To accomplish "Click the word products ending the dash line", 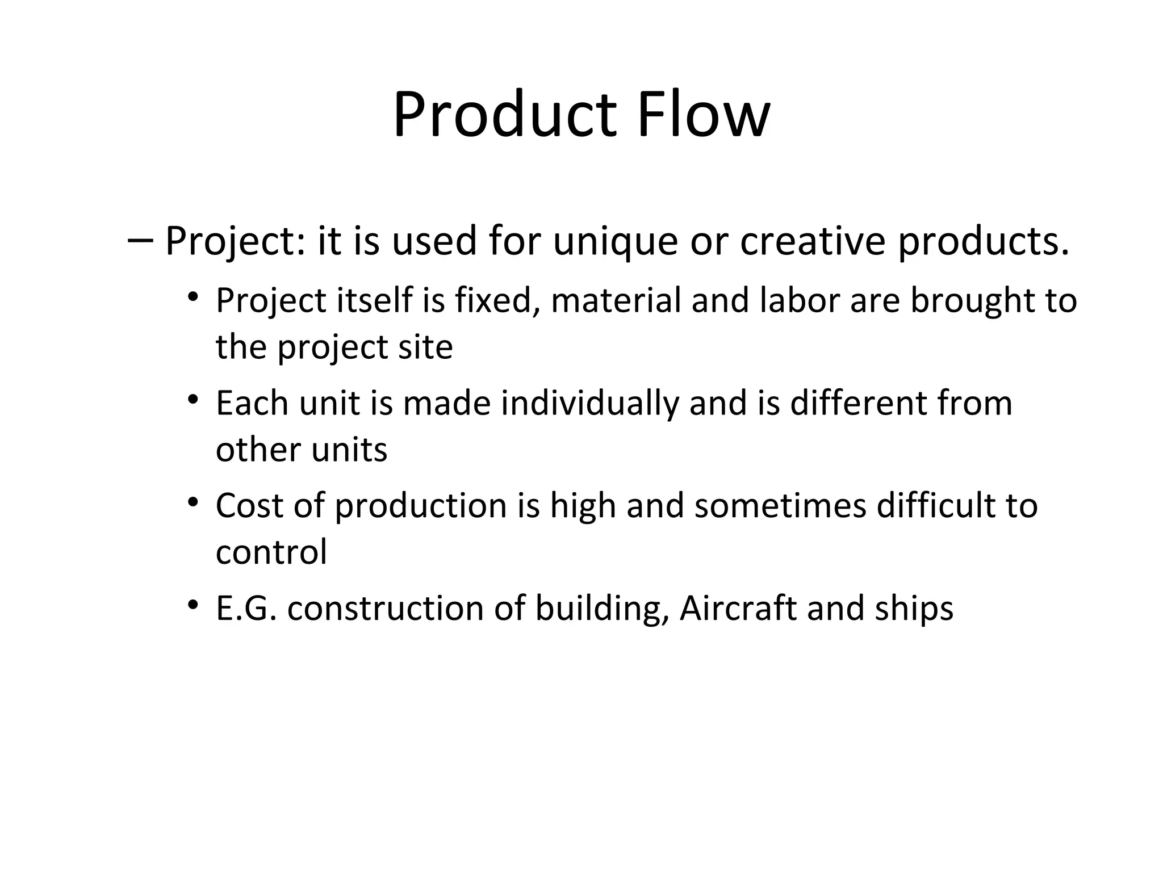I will pos(983,241).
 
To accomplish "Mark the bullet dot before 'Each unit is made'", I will pos(193,400).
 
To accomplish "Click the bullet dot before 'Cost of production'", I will pos(193,502).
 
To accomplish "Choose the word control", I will pos(271,551).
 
